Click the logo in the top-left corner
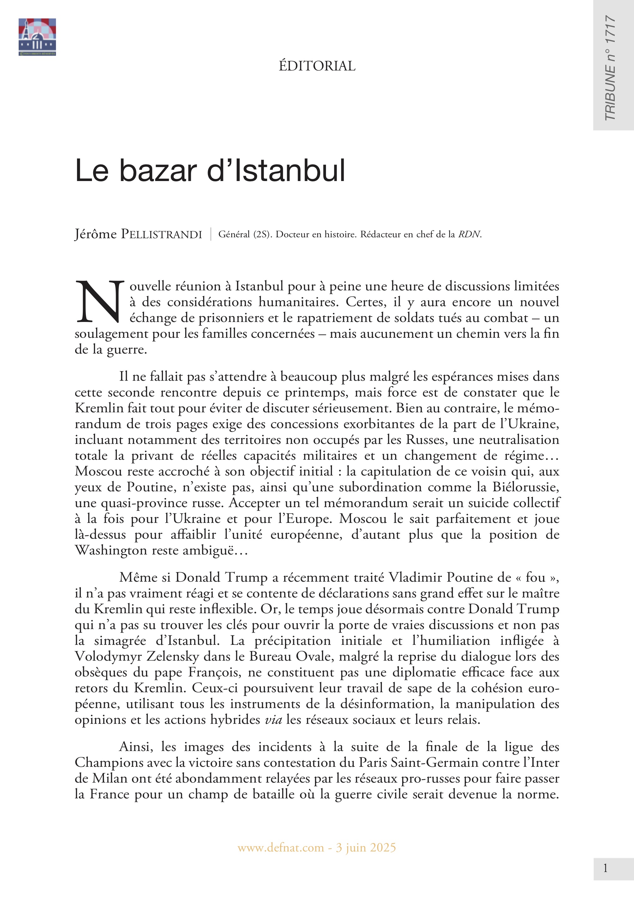37,37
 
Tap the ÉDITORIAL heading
317,66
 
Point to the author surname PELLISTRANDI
161,234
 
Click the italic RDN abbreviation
469,234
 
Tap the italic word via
273,720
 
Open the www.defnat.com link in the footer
281,848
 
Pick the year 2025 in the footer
383,848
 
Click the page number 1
605,869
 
